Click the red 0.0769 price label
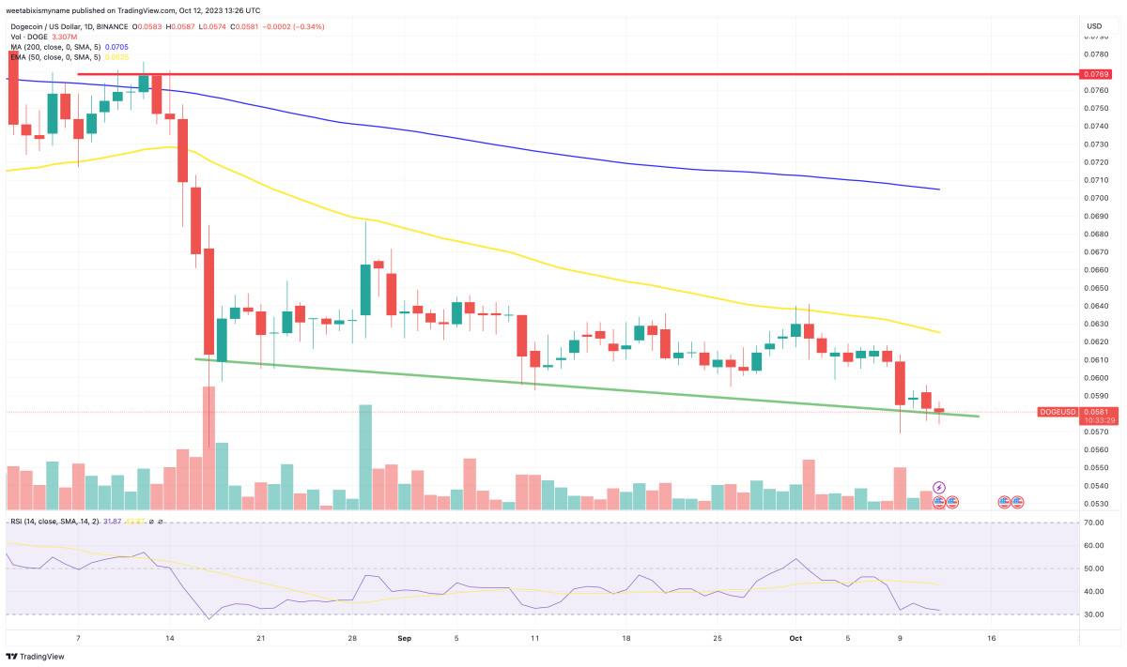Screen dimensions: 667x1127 point(1095,73)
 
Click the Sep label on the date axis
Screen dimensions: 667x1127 point(404,637)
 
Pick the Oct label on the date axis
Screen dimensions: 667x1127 point(795,637)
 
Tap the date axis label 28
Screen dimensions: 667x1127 point(351,637)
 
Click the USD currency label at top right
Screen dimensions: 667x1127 point(1094,25)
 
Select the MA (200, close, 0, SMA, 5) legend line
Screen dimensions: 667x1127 point(56,45)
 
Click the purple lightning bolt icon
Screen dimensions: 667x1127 point(938,487)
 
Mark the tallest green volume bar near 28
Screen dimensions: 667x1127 point(365,456)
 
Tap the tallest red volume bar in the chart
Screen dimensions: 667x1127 point(208,446)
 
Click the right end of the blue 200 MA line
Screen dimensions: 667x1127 point(939,189)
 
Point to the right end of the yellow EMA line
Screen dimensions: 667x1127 point(939,332)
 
